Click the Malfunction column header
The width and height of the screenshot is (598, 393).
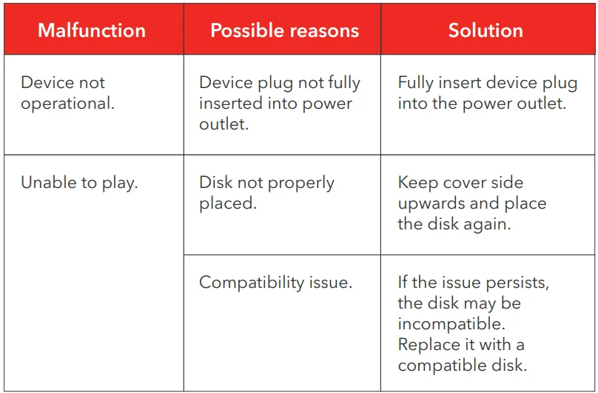pos(92,30)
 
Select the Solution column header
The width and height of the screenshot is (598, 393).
pos(486,30)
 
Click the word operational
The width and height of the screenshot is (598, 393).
pos(67,104)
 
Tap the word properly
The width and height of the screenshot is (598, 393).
pos(300,184)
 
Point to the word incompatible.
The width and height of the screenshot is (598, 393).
pos(451,325)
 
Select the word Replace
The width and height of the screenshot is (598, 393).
pos(427,346)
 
